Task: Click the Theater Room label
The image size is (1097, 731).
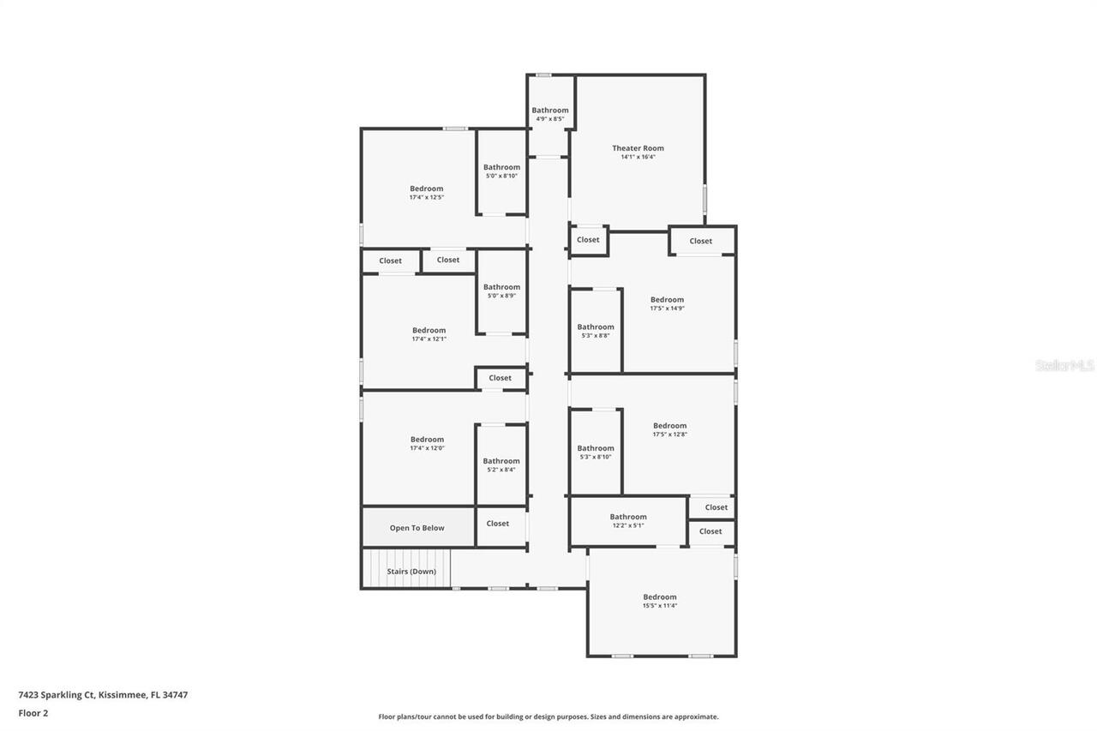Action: pyautogui.click(x=638, y=148)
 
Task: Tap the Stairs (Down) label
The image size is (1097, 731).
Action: pyautogui.click(x=411, y=572)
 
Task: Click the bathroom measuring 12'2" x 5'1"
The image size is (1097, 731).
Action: pyautogui.click(x=628, y=521)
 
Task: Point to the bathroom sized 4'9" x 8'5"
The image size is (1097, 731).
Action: pyautogui.click(x=549, y=114)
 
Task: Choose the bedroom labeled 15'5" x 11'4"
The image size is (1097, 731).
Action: pyautogui.click(x=660, y=602)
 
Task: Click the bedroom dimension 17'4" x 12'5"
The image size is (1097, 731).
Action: pyautogui.click(x=426, y=198)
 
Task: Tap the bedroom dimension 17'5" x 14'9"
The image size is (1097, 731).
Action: pyautogui.click(x=667, y=309)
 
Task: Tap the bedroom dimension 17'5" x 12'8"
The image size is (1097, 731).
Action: pyautogui.click(x=669, y=434)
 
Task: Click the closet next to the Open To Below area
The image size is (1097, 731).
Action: pyautogui.click(x=498, y=524)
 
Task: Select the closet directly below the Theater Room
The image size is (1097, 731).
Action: pyautogui.click(x=588, y=240)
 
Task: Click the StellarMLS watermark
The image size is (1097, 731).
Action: pyautogui.click(x=1064, y=366)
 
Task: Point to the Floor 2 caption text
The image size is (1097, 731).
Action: pyautogui.click(x=33, y=712)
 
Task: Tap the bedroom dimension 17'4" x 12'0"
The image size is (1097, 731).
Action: pyautogui.click(x=427, y=448)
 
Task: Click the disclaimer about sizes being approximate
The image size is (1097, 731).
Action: pyautogui.click(x=548, y=716)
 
